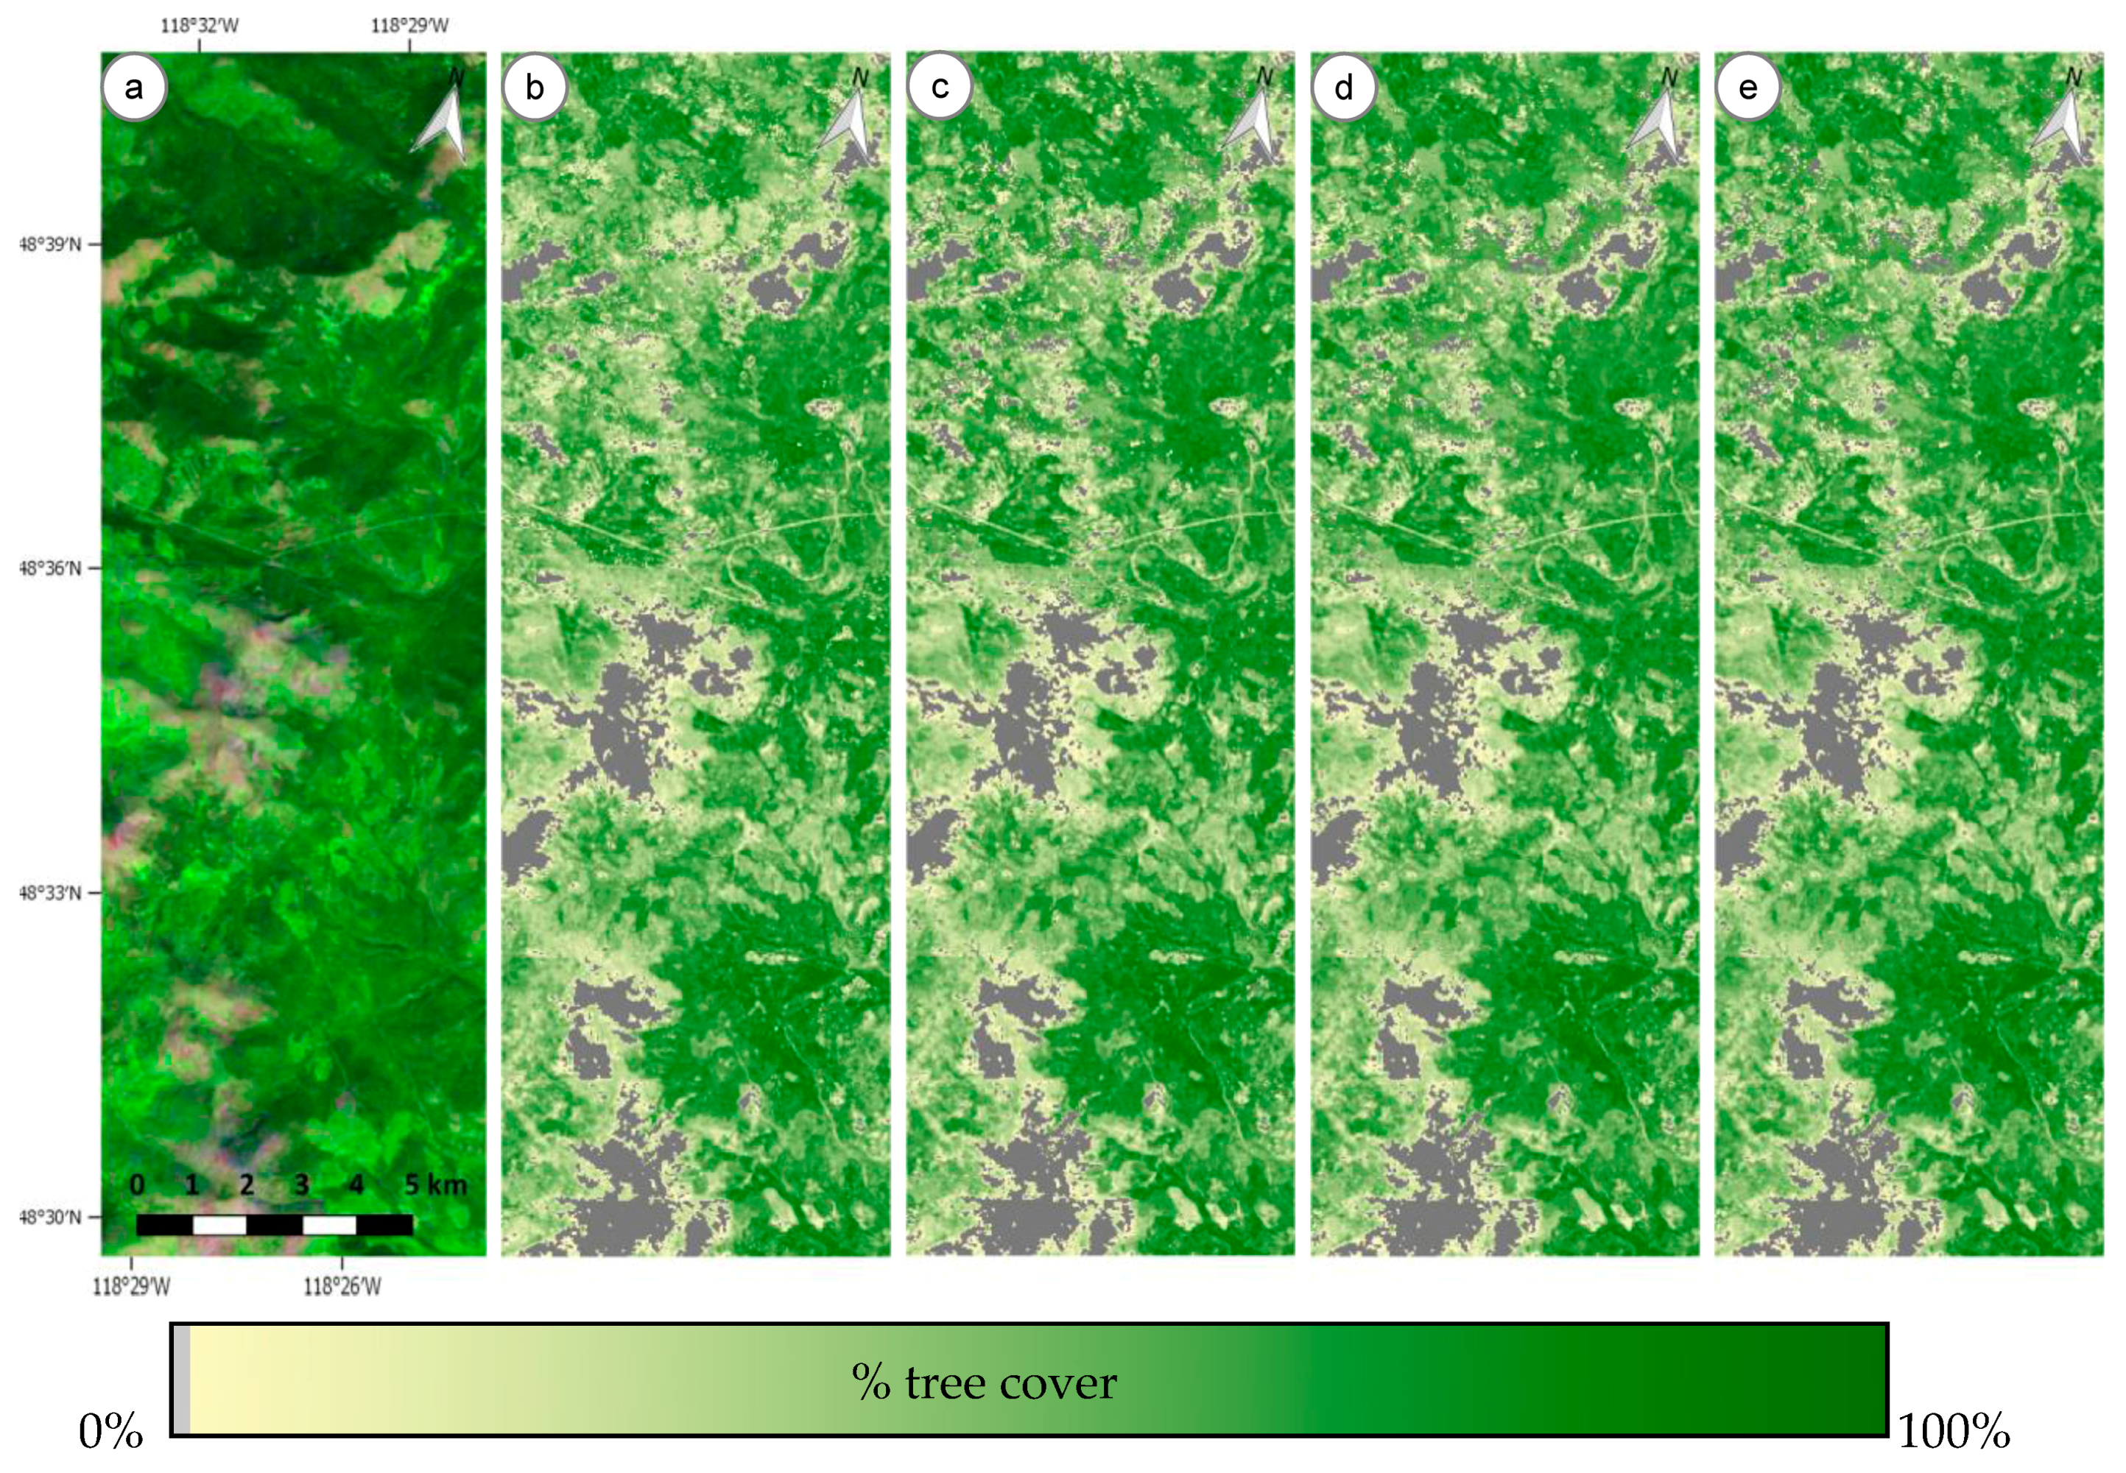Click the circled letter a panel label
(x=134, y=88)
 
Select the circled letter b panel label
(x=535, y=88)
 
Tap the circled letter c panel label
(x=939, y=88)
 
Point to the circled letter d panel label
(x=1343, y=88)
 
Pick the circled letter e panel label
(x=1747, y=88)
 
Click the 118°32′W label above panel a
(x=200, y=26)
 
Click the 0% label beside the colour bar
(x=110, y=1432)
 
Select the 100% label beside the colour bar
(x=1954, y=1432)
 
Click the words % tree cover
(x=984, y=1382)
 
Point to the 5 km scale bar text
(x=436, y=1185)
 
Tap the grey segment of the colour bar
(x=182, y=1380)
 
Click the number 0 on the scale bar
(x=137, y=1185)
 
